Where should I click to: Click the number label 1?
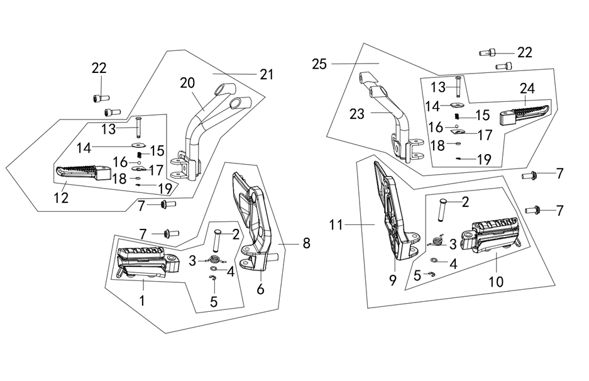point(142,301)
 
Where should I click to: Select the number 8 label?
point(306,243)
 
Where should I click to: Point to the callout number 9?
point(393,282)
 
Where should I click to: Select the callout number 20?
point(188,82)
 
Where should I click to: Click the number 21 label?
point(267,74)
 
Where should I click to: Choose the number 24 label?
point(527,89)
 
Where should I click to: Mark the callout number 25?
point(319,64)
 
